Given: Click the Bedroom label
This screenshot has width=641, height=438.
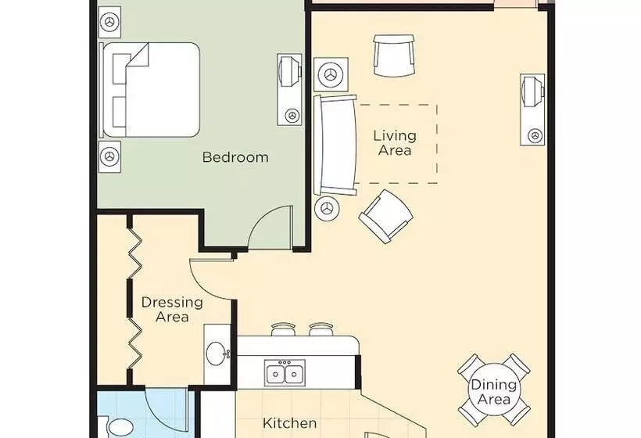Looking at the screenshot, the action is point(235,157).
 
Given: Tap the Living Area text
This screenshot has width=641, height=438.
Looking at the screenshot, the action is point(395,142).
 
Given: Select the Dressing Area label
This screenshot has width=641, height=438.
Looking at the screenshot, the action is point(172,310).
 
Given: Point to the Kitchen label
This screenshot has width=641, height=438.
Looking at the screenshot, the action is point(289,423).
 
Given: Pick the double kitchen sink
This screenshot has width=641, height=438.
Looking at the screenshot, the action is point(284,373).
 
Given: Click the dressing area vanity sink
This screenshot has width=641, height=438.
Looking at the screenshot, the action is point(217,354).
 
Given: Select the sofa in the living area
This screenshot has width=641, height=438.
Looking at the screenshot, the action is point(335,145).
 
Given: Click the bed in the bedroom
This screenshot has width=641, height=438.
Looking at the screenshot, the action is point(150,90).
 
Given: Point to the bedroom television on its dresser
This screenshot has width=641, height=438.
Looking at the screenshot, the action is point(290,89).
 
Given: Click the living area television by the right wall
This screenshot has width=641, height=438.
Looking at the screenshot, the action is point(532,109).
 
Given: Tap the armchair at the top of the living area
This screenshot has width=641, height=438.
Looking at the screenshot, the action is point(395,56).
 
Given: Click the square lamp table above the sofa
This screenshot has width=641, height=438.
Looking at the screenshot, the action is point(331,74).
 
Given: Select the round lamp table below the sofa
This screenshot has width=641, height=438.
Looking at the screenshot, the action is point(327,209).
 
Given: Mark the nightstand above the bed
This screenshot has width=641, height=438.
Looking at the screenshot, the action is point(110,23).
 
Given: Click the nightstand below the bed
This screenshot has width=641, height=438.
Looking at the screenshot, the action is point(110,156).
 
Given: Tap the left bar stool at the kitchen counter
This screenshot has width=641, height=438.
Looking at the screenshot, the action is point(282,329).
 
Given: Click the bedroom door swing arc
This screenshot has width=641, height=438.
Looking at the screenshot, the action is point(262,217).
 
